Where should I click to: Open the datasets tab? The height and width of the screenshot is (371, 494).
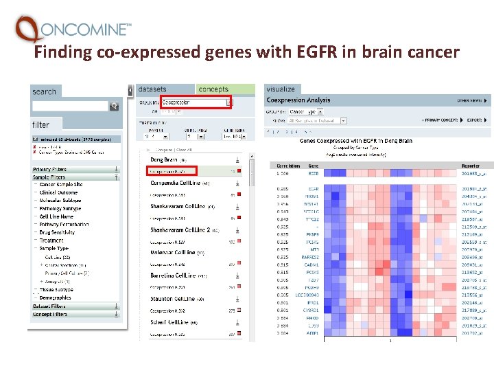152,89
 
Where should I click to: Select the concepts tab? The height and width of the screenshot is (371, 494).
213,89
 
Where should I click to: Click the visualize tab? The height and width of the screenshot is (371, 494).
281,89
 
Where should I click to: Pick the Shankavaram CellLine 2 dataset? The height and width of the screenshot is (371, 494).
180,229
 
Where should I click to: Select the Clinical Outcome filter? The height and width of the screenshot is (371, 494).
58,193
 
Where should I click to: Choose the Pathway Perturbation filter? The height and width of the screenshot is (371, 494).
64,225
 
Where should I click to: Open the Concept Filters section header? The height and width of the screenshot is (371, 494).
50,314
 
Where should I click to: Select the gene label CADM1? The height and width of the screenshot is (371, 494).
313,265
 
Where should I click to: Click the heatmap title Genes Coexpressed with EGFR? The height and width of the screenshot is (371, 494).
356,141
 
